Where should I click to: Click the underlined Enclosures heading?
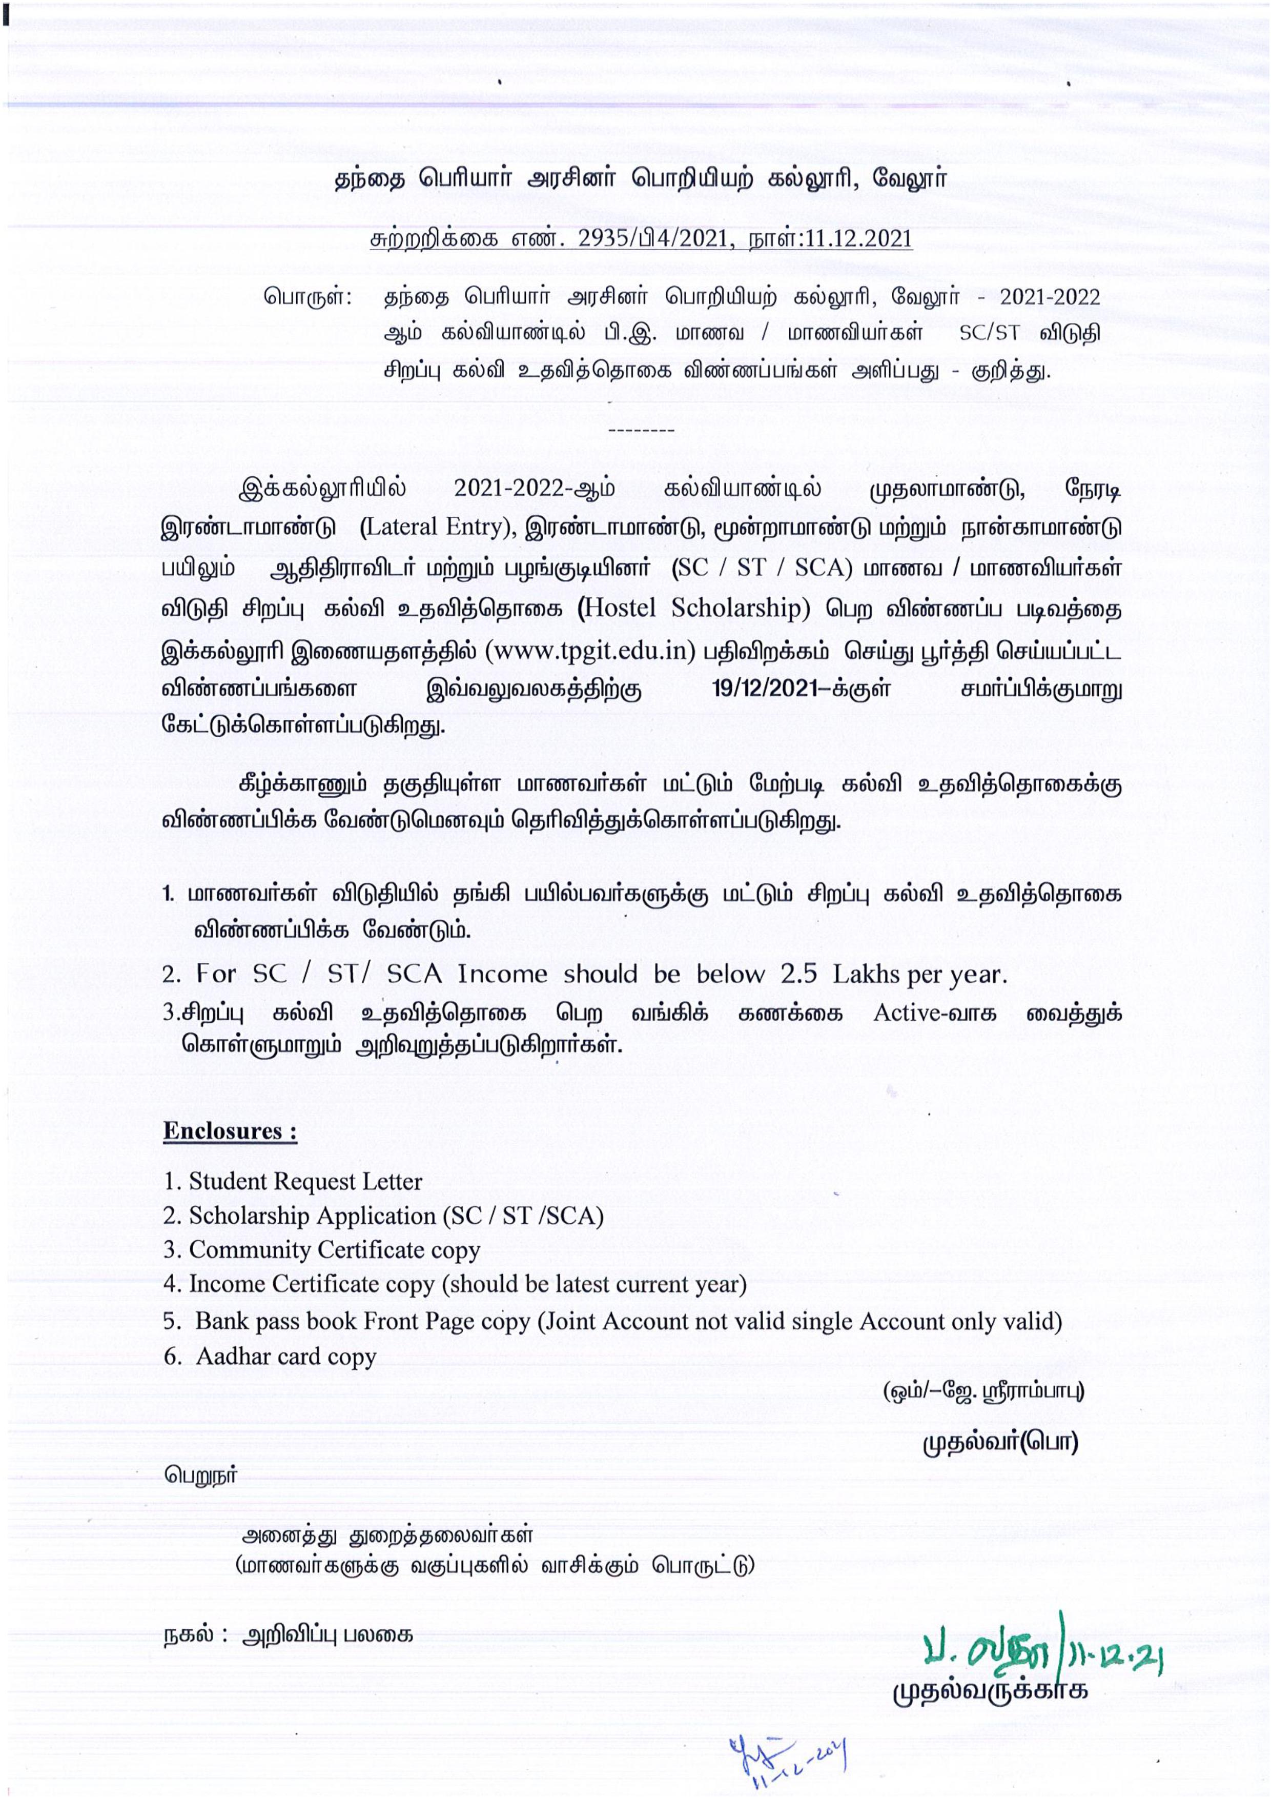coord(230,1131)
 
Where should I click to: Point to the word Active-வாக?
coord(935,1013)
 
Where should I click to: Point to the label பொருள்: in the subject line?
coord(308,298)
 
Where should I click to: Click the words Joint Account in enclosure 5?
coord(611,1322)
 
